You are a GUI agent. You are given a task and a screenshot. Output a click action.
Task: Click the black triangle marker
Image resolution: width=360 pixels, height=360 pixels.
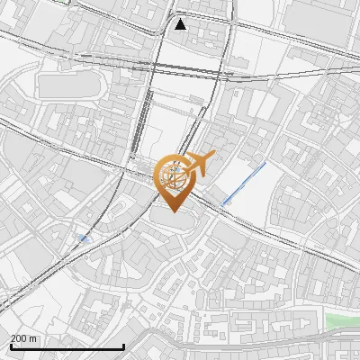[x=181, y=24]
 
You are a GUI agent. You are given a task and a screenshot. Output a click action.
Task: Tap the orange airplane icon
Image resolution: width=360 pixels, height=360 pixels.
[x=200, y=163]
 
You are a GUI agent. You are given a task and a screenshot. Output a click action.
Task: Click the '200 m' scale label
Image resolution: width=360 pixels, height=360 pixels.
[x=22, y=338]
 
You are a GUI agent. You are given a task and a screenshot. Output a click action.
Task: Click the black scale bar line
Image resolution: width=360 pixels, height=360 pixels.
[x=67, y=346]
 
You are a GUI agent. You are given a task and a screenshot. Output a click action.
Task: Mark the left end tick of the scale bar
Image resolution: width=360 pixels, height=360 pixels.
[x=11, y=345]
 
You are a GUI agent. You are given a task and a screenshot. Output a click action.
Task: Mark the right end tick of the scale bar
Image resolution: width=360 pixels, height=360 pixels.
[x=123, y=345]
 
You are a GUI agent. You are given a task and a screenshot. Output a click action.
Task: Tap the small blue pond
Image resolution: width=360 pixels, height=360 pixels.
[x=84, y=238]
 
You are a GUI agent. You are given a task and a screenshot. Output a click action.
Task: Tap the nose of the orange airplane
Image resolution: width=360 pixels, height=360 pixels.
[x=213, y=157]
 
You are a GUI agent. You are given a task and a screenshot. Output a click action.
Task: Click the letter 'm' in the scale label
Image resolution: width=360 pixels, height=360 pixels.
[x=33, y=338]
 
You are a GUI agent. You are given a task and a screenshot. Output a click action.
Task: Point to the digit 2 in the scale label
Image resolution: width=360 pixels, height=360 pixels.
[x=13, y=338]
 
